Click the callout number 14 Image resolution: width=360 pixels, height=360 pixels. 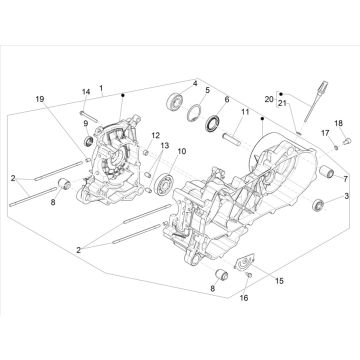click(x=86, y=92)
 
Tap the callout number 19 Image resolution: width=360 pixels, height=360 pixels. click(x=40, y=99)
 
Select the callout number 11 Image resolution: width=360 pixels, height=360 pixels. click(x=245, y=112)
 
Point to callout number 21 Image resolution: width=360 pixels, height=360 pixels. click(x=282, y=103)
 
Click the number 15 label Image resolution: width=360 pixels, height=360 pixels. click(x=279, y=281)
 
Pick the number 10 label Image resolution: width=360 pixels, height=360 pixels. click(x=182, y=151)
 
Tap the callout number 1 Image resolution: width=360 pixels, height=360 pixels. click(x=101, y=88)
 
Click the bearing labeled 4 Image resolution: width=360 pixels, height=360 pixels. click(x=174, y=101)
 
